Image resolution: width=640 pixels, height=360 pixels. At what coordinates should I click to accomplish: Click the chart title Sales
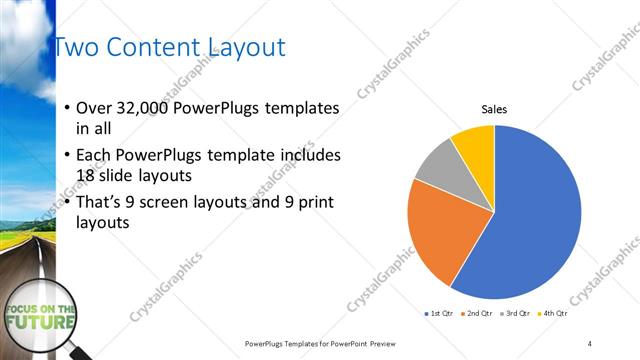pyautogui.click(x=495, y=109)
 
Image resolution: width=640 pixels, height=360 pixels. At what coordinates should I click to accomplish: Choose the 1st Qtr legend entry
pyautogui.click(x=440, y=313)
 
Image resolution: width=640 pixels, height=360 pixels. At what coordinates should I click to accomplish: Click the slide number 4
pyautogui.click(x=590, y=342)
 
